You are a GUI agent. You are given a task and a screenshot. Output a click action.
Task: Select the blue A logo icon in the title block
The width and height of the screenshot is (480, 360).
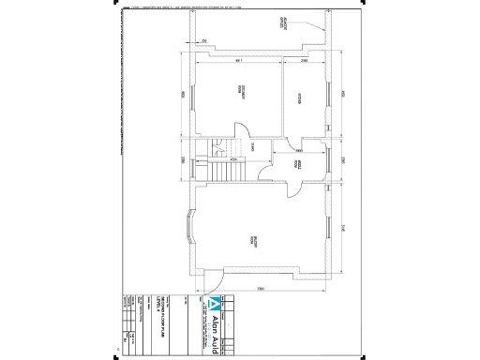tap(217, 304)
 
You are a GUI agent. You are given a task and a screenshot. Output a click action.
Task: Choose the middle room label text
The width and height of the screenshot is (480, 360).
tap(299, 162)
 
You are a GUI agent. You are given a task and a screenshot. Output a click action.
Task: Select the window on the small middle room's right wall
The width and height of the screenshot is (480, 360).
tap(327, 160)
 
